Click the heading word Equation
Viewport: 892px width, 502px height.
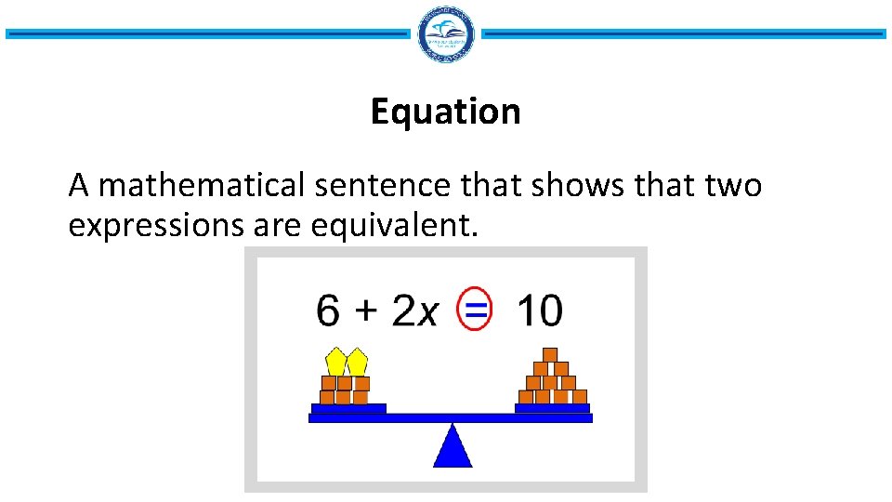point(445,112)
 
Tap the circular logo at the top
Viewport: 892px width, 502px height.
point(446,34)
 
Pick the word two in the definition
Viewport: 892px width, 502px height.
point(733,186)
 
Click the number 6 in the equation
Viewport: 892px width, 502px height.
point(328,310)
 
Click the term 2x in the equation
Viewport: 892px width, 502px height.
point(413,310)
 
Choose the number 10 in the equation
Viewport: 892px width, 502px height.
point(539,310)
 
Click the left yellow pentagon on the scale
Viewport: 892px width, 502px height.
point(336,362)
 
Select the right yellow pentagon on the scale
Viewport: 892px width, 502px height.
point(358,362)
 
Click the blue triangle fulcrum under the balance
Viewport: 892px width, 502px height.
point(453,447)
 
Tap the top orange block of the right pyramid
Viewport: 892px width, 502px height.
point(550,354)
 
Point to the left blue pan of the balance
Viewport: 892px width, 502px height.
point(348,408)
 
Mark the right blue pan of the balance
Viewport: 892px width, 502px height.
point(552,408)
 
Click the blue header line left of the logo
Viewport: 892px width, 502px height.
point(206,34)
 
